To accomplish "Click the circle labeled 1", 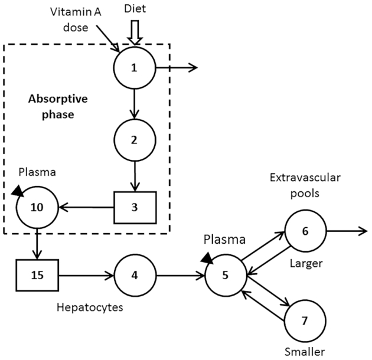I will [x=135, y=67].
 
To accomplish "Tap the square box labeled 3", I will [x=135, y=208].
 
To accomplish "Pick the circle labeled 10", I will [x=37, y=207].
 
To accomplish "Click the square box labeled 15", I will [x=37, y=275].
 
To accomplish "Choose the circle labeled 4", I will [x=135, y=275].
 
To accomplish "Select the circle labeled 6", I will [x=305, y=231].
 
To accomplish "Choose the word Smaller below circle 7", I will [x=305, y=352].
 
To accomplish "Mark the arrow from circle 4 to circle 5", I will [x=180, y=275].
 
